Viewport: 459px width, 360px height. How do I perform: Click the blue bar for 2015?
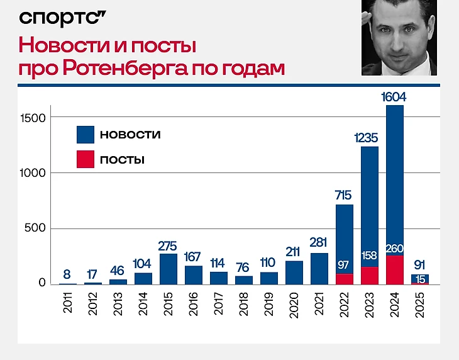[169, 269]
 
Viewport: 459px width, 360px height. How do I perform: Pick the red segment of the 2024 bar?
[395, 271]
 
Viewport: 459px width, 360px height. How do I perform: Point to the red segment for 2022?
[345, 279]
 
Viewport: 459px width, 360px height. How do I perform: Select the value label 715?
[345, 194]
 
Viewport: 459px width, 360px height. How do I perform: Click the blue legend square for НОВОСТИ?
[85, 135]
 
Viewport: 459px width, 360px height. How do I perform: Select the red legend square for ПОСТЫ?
[85, 159]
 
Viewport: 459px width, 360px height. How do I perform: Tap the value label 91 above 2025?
[420, 264]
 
